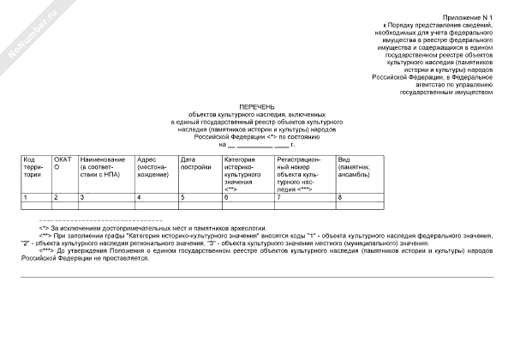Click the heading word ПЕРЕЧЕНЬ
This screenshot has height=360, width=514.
[257, 105]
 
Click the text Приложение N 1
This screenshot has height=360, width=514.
[468, 16]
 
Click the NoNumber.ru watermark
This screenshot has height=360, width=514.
[29, 34]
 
